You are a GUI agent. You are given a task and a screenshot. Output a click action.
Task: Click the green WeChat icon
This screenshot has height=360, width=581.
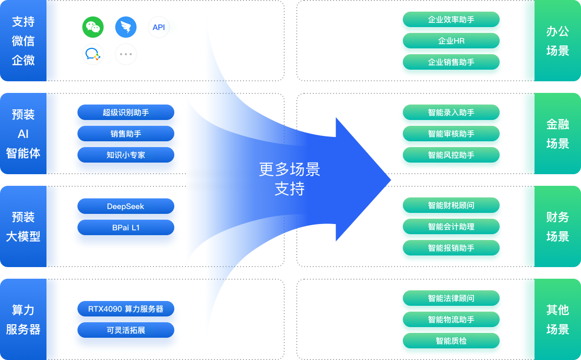[93, 28]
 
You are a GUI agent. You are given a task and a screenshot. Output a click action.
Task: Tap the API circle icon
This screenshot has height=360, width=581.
[159, 28]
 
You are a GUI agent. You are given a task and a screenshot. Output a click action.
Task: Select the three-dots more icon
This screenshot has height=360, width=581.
[126, 54]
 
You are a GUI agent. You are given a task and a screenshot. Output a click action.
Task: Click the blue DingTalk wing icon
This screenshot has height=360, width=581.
[126, 28]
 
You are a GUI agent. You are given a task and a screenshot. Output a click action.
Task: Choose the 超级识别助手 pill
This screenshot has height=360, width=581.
[126, 112]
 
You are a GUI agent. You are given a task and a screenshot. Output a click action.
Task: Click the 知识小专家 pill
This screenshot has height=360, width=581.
[126, 155]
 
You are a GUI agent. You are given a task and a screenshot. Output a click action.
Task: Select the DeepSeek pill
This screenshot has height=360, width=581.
[126, 206]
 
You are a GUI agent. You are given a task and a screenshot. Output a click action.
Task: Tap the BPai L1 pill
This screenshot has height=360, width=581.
[126, 227]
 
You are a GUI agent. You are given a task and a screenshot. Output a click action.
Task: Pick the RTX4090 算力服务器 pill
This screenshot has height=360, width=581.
[126, 309]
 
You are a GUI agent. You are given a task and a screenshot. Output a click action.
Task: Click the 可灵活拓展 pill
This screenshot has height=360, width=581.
[126, 330]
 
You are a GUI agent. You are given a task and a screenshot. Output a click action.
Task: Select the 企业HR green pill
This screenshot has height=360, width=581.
[451, 41]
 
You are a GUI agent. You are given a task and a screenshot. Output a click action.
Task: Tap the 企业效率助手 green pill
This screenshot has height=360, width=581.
[451, 19]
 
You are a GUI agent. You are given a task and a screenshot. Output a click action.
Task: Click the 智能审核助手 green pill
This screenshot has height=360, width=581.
[451, 134]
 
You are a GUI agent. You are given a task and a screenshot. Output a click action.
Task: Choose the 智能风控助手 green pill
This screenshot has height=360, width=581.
[451, 155]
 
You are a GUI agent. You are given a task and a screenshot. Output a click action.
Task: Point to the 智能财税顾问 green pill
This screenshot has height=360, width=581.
[451, 205]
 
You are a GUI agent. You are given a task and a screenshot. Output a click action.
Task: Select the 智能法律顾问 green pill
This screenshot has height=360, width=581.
[451, 298]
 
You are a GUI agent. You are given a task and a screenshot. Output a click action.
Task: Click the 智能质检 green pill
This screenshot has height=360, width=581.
[451, 341]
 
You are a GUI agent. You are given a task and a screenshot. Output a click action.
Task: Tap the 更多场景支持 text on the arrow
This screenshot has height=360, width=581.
[290, 179]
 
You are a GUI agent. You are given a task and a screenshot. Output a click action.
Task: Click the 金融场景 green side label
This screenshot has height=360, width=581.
[558, 134]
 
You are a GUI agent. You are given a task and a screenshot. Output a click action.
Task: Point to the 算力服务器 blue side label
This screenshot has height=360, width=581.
[23, 319]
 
